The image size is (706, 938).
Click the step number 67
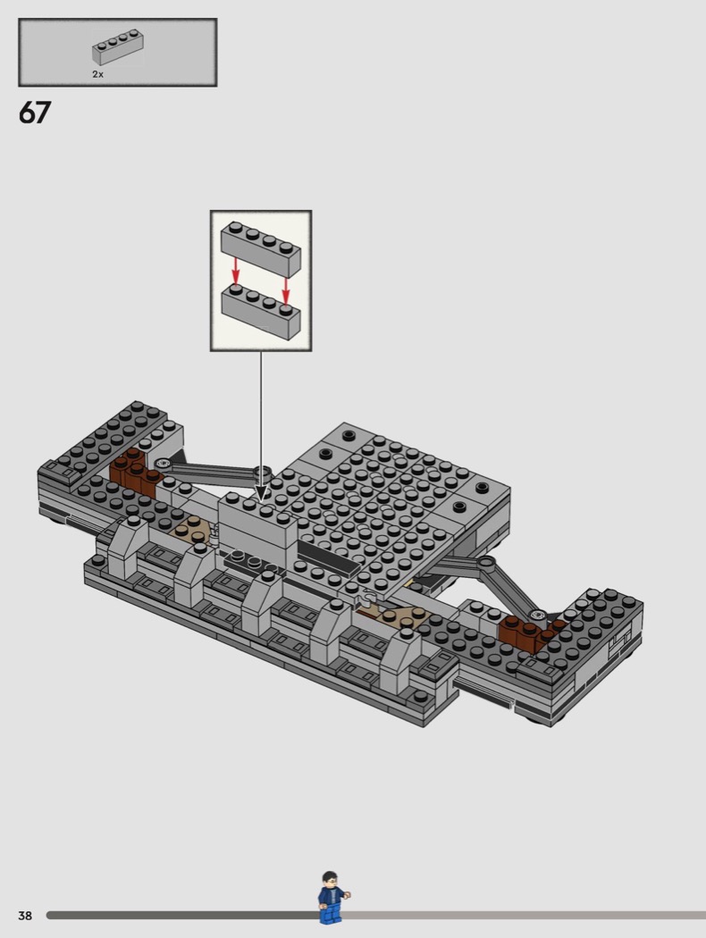coord(35,113)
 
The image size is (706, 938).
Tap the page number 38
coord(25,916)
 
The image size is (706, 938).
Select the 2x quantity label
coord(97,74)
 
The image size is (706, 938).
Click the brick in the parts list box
coord(117,48)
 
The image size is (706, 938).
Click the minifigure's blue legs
coord(331,914)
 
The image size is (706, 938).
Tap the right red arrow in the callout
coord(286,290)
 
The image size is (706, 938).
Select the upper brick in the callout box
coord(261,248)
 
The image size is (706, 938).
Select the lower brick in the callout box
coord(261,311)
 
